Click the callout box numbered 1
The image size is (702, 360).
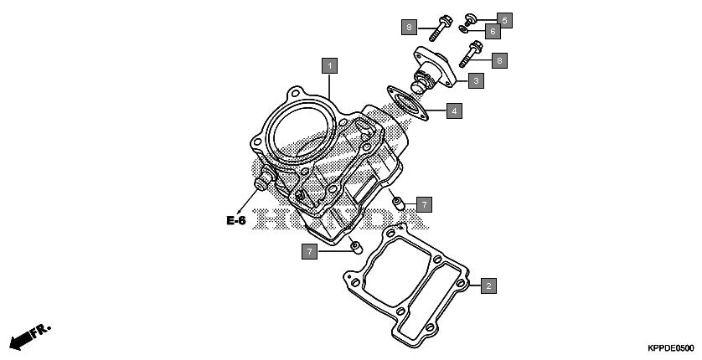(x=331, y=64)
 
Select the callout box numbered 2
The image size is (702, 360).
(x=488, y=285)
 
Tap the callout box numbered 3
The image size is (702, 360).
(x=475, y=80)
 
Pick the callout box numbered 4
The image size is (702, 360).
(x=453, y=110)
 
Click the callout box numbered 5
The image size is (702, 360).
(x=503, y=18)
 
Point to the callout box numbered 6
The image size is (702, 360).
(x=493, y=32)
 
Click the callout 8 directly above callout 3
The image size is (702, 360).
(x=498, y=59)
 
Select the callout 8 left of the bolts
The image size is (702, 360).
(x=408, y=28)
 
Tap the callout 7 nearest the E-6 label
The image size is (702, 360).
(x=311, y=251)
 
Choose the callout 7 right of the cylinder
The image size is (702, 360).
(x=425, y=203)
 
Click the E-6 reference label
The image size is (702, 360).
(x=235, y=221)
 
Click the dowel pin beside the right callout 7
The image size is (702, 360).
(x=398, y=201)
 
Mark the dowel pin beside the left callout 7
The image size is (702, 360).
(x=354, y=246)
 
